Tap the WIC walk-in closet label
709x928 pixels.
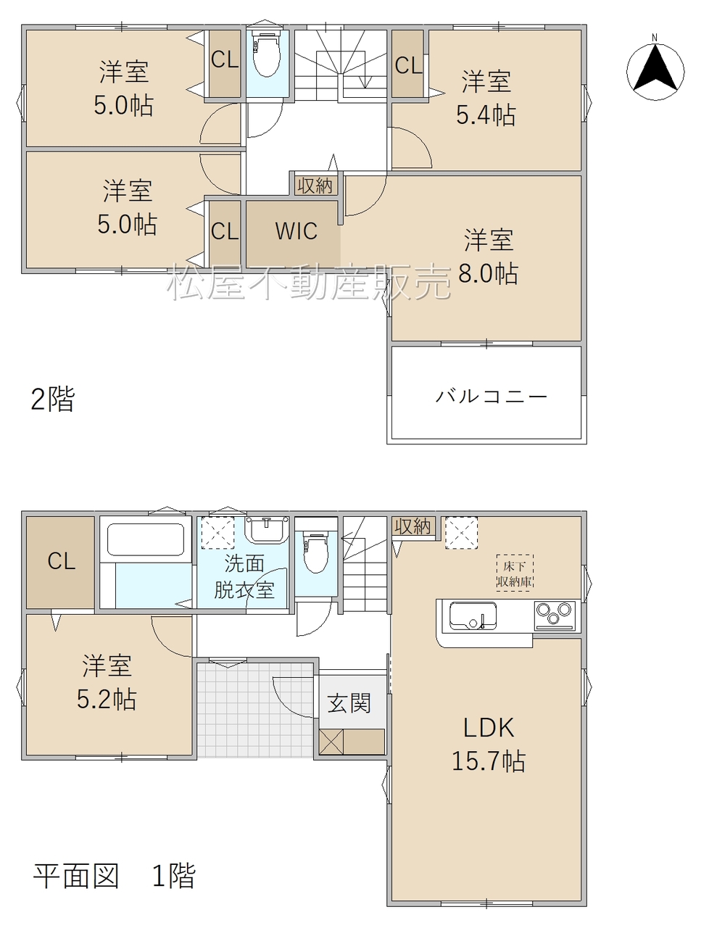[x=296, y=231]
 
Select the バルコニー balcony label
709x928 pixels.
[x=492, y=396]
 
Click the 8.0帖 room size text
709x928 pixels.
[x=489, y=273]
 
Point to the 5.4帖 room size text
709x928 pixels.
[x=486, y=115]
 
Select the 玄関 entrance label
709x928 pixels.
[x=349, y=703]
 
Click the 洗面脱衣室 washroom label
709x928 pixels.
[x=244, y=576]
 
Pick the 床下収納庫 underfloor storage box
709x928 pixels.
[x=515, y=573]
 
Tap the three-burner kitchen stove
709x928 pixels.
[x=555, y=615]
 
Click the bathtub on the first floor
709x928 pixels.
[x=146, y=539]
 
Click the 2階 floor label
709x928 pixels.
[x=53, y=399]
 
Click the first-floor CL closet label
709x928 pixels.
[x=62, y=561]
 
